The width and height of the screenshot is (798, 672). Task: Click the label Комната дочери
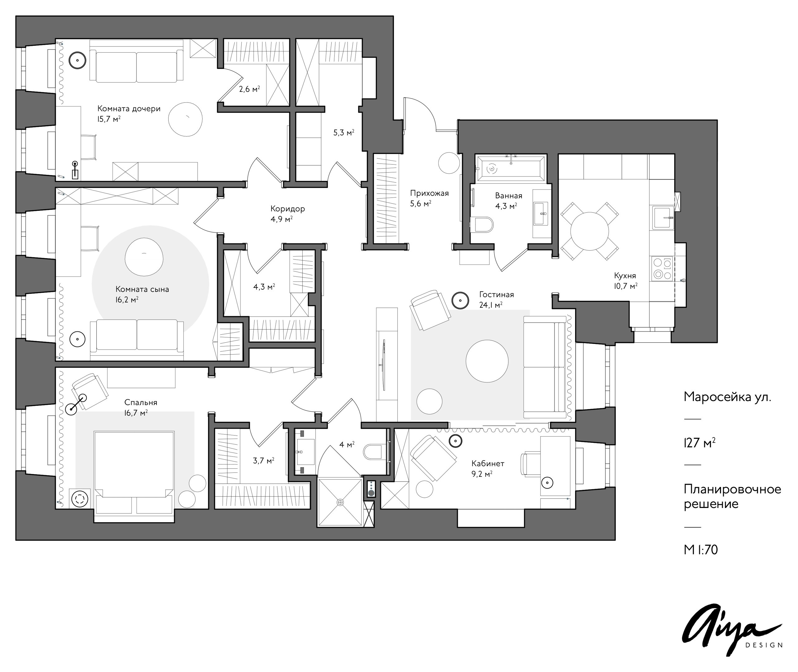point(129,109)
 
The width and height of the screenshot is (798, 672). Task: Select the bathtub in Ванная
point(511,168)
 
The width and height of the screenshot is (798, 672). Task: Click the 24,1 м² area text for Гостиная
point(491,305)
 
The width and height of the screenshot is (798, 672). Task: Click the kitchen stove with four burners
point(662,268)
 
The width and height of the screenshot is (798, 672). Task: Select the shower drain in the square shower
point(340,502)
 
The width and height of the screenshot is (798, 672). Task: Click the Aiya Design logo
point(731,633)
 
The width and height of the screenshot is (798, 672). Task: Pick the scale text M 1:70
point(700,550)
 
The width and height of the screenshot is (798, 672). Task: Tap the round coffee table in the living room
point(487,361)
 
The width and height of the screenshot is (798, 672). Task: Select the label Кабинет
point(488,464)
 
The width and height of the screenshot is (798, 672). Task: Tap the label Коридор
point(287,209)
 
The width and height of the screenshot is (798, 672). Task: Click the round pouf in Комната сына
point(144,257)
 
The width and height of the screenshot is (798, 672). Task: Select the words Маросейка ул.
point(727,397)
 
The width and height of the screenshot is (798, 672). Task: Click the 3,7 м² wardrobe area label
point(263,461)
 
